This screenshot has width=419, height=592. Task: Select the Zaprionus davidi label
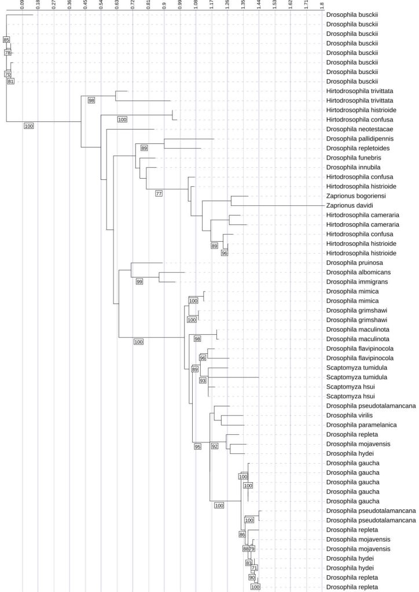tap(350, 205)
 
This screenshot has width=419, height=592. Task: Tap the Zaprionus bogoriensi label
tap(356, 196)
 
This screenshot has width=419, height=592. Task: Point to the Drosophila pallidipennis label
tap(360, 139)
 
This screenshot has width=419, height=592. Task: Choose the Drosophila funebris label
tap(354, 158)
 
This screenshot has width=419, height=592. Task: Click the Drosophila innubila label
tap(353, 167)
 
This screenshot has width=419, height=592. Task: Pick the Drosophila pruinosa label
tap(354, 263)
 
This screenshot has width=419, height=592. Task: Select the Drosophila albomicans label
tap(359, 272)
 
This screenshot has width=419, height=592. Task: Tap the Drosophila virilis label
tap(350, 415)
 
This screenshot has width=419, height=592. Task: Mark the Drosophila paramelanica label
tap(361, 425)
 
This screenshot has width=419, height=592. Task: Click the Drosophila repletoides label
tap(358, 149)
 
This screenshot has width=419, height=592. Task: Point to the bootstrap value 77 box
tap(159, 194)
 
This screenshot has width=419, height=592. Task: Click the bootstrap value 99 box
tap(139, 282)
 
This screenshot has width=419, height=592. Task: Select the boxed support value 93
tap(203, 380)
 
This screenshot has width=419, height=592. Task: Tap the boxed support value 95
tap(197, 447)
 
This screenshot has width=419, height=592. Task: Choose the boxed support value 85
tap(6, 40)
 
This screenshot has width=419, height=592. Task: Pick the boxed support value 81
tap(10, 81)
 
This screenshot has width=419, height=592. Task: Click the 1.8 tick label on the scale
tap(322, 5)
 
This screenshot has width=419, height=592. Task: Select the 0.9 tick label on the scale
tap(164, 5)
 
